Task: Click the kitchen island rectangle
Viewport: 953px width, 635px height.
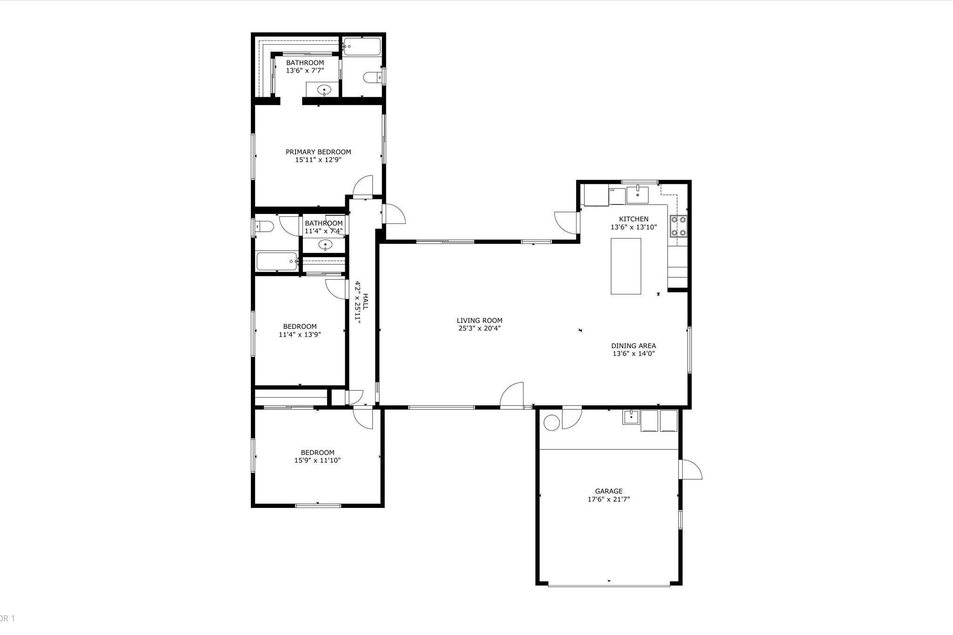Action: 626,266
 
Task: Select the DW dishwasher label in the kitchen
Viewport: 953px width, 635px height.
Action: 612,190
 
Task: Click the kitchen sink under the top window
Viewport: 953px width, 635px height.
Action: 637,195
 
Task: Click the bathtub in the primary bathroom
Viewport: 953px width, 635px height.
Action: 362,47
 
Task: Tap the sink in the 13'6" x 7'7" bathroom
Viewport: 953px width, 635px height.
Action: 323,89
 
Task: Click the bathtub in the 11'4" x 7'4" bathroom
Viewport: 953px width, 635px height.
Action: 277,261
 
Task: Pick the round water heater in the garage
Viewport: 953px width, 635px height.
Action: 552,423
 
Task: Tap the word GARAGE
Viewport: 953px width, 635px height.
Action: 609,491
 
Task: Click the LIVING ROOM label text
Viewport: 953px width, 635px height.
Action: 479,321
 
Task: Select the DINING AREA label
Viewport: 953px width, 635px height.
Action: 633,346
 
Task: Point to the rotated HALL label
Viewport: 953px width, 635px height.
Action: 365,302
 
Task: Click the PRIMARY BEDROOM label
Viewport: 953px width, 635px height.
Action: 318,152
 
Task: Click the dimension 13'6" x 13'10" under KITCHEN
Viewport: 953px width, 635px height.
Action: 633,227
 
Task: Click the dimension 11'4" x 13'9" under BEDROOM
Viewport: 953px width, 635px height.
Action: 300,334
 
